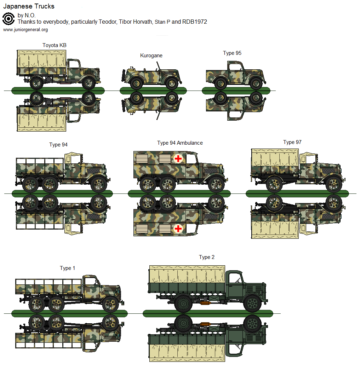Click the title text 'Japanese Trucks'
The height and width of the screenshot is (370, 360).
(29, 7)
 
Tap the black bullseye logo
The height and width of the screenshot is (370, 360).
(8, 19)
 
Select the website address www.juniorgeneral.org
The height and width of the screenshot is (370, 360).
(25, 30)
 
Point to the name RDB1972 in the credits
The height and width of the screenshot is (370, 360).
(195, 22)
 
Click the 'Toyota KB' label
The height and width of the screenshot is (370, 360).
(54, 45)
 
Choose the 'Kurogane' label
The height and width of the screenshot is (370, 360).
(151, 56)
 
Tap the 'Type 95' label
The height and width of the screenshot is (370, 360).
(232, 53)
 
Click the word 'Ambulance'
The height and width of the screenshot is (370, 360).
(190, 143)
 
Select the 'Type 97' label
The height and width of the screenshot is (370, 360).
(292, 142)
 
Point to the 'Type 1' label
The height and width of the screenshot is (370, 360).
(67, 268)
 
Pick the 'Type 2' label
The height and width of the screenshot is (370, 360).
(206, 257)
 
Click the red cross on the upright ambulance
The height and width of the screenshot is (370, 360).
(178, 158)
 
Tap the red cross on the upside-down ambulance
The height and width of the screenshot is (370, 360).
(178, 229)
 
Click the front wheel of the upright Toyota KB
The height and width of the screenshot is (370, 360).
(88, 83)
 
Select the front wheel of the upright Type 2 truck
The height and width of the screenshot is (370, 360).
(253, 303)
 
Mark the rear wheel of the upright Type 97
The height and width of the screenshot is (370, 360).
(274, 184)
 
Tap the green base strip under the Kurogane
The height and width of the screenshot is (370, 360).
(153, 91)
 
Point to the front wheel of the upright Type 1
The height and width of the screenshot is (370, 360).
(110, 304)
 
